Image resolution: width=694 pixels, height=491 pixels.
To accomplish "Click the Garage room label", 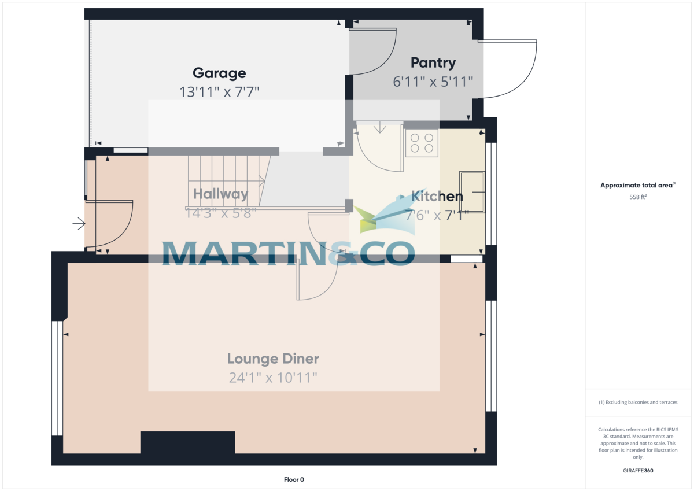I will click(219, 73).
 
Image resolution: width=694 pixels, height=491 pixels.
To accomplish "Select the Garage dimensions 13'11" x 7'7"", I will click(219, 91).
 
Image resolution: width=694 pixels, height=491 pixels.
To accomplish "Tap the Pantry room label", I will click(433, 62).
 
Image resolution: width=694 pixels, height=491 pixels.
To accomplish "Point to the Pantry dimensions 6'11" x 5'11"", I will click(433, 82).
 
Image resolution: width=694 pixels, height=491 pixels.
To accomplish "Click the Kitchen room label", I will click(437, 196).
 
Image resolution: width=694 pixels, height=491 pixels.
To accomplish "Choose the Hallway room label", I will click(220, 194).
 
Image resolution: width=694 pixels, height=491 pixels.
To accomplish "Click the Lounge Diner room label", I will click(273, 359).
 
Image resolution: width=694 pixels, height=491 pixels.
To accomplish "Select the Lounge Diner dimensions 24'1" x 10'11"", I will click(273, 378).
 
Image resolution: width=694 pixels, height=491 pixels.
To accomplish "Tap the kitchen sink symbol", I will click(472, 191).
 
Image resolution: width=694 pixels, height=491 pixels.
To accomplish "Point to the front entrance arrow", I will click(79, 223).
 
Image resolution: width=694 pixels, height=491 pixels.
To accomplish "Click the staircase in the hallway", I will click(226, 179).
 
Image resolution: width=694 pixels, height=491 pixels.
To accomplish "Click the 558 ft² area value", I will click(638, 197).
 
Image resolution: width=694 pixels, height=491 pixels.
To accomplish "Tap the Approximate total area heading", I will click(637, 186).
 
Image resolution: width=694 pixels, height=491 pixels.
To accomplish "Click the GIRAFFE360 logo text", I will click(638, 471).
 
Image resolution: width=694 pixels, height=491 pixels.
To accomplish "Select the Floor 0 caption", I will click(294, 479).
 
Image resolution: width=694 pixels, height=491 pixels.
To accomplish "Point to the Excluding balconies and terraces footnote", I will click(638, 402).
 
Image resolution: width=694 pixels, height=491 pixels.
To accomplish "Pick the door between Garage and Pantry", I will click(373, 52).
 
